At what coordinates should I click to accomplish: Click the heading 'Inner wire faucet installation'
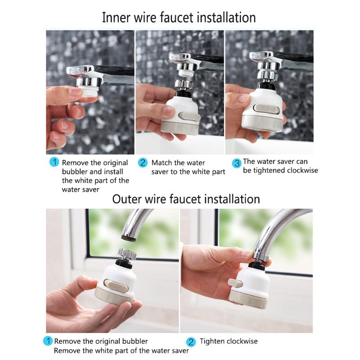tap(179, 18)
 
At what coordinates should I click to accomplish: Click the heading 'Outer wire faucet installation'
tap(186, 199)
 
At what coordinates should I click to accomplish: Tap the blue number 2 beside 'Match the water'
tap(143, 162)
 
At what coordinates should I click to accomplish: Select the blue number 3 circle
tap(236, 162)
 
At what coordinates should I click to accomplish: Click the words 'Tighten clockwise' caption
tap(229, 342)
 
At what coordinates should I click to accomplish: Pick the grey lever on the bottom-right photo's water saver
tap(234, 283)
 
